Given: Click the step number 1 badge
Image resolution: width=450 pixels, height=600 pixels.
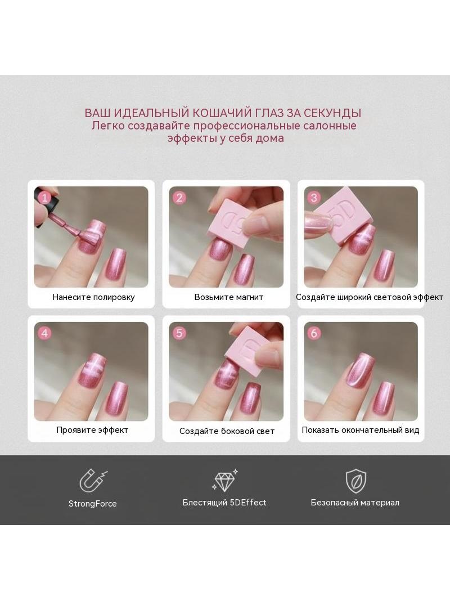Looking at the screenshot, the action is pos(45,198).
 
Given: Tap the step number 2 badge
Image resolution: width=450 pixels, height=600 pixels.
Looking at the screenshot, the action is pos(179,198).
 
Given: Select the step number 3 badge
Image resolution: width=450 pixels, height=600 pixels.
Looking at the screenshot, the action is pos(314,198).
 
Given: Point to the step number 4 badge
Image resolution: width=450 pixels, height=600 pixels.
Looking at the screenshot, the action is pos(45,333).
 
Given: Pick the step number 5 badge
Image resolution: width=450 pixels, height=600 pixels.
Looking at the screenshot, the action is pos(179,333).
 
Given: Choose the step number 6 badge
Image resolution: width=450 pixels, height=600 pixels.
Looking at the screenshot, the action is pos(314,333).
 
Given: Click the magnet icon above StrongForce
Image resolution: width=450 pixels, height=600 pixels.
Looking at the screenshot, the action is pos(93,480).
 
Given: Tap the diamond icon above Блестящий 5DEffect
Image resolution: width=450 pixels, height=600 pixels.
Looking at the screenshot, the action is pos(225,481).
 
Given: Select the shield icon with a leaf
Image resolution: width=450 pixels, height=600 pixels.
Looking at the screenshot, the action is pos(356,481).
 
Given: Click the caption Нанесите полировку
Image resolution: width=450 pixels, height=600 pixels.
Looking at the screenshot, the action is pos(94,297).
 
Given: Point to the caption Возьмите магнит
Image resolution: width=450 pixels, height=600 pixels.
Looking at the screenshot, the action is pos(228,297).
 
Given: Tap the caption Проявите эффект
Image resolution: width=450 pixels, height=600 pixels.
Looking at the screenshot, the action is pos(92,429).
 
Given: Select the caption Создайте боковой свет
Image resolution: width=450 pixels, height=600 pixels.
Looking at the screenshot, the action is pos(227,431).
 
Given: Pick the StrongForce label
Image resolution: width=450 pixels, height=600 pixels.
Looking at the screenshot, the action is pos(92,504).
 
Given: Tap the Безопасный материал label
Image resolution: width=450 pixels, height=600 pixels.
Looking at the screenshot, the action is pos(355,503).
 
